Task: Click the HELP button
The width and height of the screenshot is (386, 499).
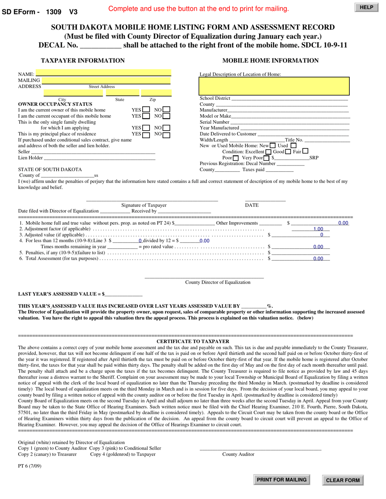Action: (366, 7)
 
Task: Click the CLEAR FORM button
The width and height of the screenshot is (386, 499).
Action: (343, 480)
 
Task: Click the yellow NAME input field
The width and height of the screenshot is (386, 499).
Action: (103, 73)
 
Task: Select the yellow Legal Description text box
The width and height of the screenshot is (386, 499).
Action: (274, 86)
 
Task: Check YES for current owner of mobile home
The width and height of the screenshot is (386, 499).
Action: (146, 110)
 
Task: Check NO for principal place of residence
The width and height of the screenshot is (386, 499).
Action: (167, 134)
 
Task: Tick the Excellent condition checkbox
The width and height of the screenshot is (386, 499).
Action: (268, 152)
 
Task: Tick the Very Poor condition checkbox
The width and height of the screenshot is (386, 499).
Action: (267, 158)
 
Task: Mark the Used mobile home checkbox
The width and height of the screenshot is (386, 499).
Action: (293, 146)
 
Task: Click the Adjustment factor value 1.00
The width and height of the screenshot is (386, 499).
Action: (318, 229)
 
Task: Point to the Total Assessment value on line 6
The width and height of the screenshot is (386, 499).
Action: (318, 258)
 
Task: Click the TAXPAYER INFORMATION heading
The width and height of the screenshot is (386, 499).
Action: (83, 61)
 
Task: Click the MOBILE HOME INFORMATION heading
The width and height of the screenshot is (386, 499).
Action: (270, 61)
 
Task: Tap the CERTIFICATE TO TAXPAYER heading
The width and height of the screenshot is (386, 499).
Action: (193, 342)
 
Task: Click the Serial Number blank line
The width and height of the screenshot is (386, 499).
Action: (290, 122)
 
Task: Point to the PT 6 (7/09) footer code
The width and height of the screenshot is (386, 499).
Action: (30, 466)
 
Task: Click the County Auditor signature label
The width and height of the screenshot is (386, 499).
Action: (238, 454)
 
